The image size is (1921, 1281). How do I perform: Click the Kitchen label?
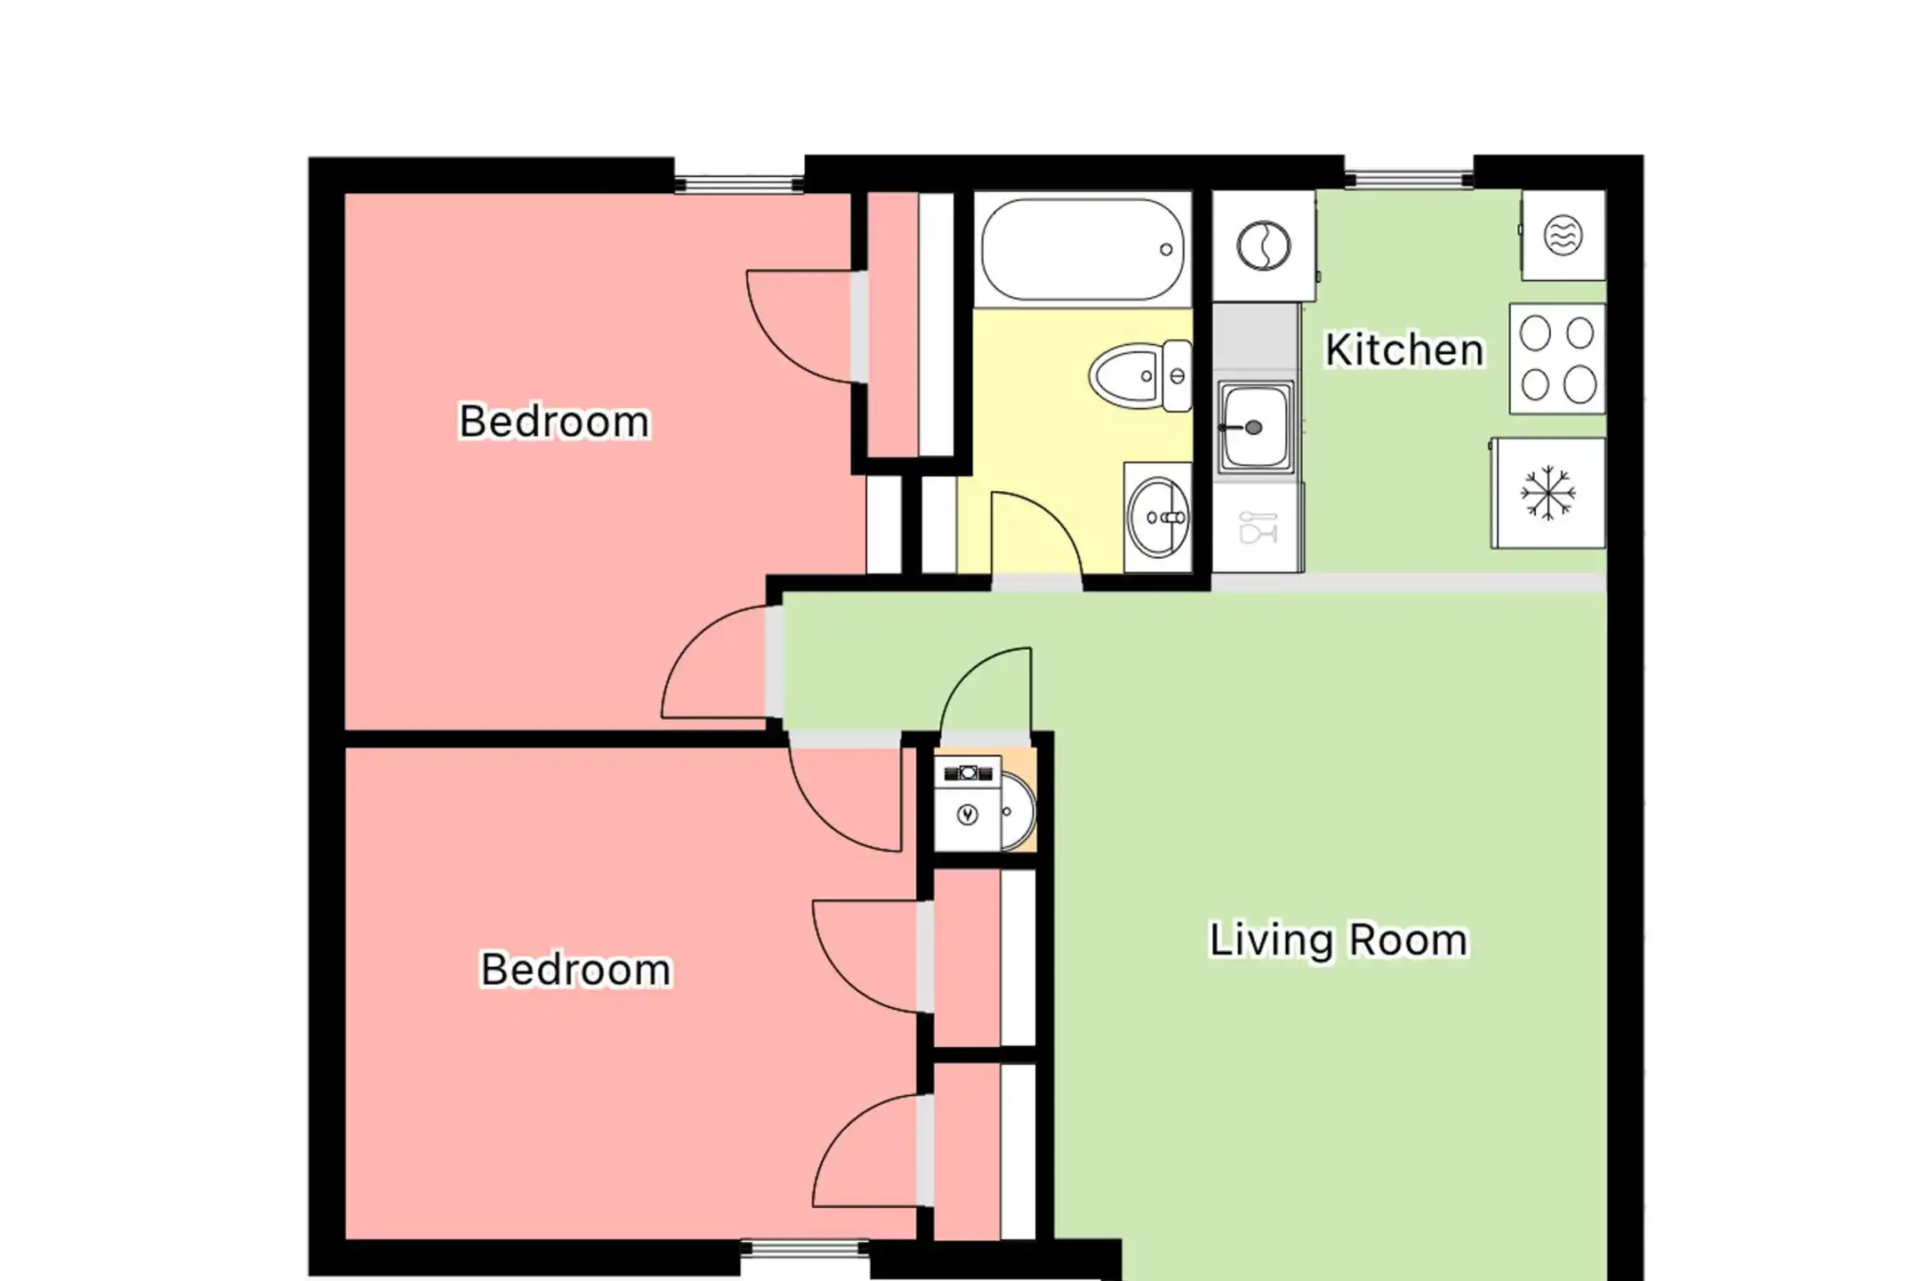(x=1404, y=350)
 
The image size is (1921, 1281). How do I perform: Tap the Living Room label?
(x=1338, y=940)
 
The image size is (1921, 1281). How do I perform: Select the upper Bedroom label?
(x=554, y=421)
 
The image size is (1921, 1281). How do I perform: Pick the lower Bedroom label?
(x=576, y=969)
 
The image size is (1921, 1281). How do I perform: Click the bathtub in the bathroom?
(x=1083, y=250)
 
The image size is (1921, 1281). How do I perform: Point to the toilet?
(x=1140, y=375)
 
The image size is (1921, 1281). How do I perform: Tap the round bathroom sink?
(x=1158, y=517)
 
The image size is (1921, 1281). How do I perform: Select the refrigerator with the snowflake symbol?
(x=1548, y=493)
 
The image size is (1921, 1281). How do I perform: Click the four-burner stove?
(x=1557, y=359)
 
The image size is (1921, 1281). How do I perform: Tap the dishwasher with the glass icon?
(x=1258, y=528)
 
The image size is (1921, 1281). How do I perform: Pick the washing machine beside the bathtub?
(x=1264, y=246)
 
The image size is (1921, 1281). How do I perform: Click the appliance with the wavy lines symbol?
(x=1563, y=236)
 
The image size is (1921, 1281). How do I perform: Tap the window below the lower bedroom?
(x=805, y=1250)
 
